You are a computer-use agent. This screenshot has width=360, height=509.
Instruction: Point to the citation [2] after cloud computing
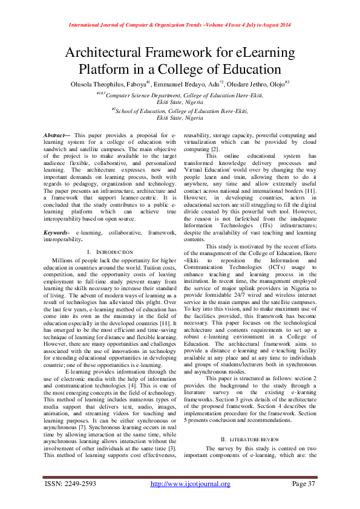[x=215, y=149]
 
